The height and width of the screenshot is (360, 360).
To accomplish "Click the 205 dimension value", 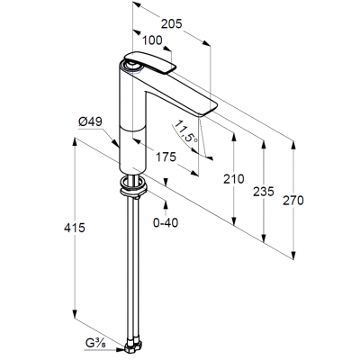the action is (x=172, y=23).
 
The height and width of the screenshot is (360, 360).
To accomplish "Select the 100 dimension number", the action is (x=152, y=40).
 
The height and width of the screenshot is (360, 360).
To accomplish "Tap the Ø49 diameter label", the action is (x=90, y=121).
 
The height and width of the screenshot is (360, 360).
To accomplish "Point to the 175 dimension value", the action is (x=166, y=157).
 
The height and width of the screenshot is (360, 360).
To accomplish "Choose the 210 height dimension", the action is (x=234, y=179).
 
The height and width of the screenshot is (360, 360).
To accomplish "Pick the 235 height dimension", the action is (x=264, y=192).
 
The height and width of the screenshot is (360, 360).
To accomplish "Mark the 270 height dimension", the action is (x=293, y=201).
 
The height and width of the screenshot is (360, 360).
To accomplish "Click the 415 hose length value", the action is (x=75, y=228).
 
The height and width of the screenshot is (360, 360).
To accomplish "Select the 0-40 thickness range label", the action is (x=166, y=222).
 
